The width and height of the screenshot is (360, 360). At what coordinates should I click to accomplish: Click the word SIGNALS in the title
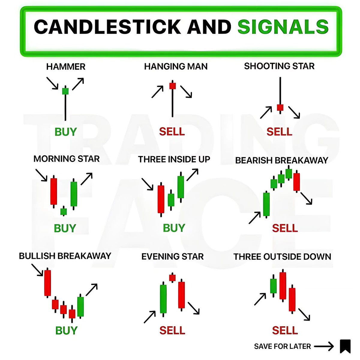tap(283, 27)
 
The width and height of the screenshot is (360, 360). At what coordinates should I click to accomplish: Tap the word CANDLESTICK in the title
tap(107, 27)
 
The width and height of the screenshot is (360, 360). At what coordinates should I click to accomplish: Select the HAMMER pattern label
tap(66, 67)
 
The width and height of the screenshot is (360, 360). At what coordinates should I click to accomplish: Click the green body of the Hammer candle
tap(65, 91)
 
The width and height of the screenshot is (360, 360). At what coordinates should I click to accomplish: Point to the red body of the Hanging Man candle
tap(172, 86)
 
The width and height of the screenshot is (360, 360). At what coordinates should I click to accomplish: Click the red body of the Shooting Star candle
tap(280, 107)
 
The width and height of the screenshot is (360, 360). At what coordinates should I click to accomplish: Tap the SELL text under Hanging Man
tap(172, 132)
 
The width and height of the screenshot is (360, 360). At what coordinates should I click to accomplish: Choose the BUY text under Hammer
tap(66, 132)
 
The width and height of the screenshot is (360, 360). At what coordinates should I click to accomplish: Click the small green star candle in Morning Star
tap(63, 212)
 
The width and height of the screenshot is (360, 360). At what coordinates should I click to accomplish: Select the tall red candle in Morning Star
tap(54, 191)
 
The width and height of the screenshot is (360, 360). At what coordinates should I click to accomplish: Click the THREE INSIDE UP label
tap(174, 159)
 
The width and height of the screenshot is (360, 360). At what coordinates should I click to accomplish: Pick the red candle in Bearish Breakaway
tap(296, 182)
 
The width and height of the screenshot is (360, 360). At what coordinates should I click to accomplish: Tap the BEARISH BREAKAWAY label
tap(281, 160)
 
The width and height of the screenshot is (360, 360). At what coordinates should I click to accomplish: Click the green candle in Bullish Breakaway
tap(80, 307)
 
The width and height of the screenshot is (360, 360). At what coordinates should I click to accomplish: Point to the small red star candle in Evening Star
tap(172, 278)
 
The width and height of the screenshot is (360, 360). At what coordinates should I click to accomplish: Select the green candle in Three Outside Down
tap(273, 286)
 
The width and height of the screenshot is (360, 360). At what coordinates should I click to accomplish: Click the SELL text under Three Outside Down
tap(285, 330)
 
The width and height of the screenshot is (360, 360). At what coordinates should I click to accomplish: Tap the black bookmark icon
tap(345, 346)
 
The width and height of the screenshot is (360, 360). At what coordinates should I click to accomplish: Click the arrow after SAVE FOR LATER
tap(324, 346)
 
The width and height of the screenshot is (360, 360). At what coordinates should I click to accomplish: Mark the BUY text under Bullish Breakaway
tap(66, 330)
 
